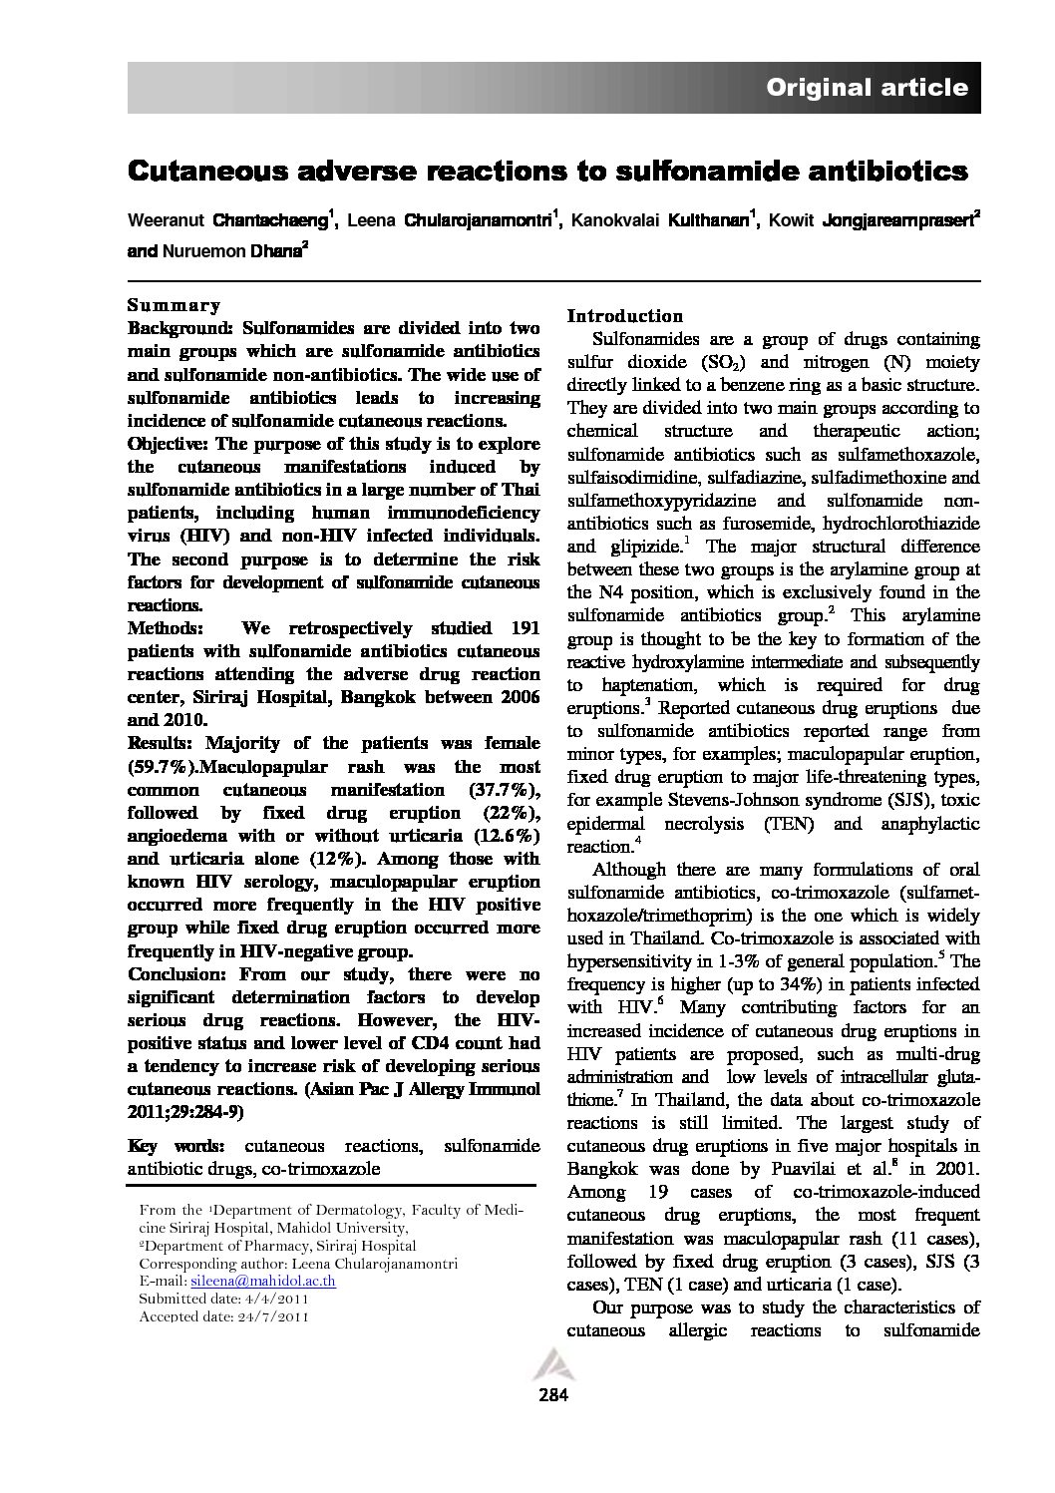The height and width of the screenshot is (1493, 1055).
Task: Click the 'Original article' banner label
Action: tap(867, 88)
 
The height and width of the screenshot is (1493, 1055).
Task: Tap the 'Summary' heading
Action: tap(174, 305)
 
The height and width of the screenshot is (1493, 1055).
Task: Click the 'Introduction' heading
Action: tap(625, 316)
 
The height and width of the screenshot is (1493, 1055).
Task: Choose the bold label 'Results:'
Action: tap(162, 743)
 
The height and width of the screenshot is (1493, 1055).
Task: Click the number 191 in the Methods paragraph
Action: tap(525, 628)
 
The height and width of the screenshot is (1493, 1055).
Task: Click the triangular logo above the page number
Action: tap(550, 1365)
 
